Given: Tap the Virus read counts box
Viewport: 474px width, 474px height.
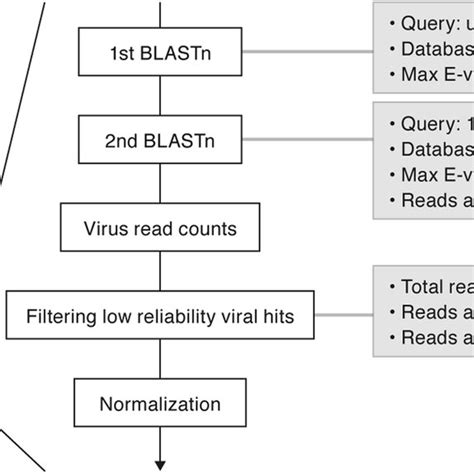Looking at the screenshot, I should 160,229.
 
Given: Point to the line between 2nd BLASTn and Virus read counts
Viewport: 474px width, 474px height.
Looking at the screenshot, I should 160,190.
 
